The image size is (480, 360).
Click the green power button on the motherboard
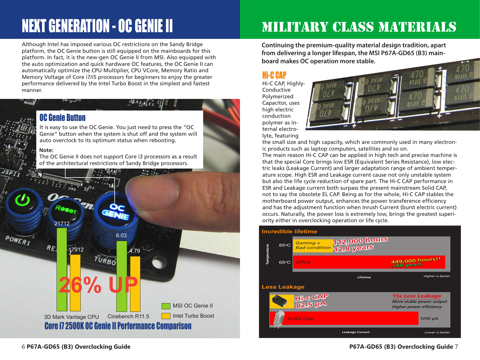pyautogui.click(x=23, y=200)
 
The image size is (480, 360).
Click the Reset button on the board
pyautogui.click(x=66, y=209)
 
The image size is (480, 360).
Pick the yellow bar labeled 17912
pyautogui.click(x=75, y=283)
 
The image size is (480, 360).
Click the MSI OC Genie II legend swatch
pyautogui.click(x=166, y=306)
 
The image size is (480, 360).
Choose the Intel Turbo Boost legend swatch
pyautogui.click(x=166, y=316)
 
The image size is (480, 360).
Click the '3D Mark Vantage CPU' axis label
pyautogui.click(x=71, y=317)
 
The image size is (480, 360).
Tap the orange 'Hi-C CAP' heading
pyautogui.click(x=274, y=75)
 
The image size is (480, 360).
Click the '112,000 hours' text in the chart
pyautogui.click(x=360, y=241)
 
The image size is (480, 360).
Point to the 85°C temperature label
pyautogui.click(x=284, y=245)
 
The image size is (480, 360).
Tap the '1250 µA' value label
pyautogui.click(x=429, y=319)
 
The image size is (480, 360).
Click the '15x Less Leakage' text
pyautogui.click(x=416, y=296)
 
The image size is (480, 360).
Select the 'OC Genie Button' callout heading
pyautogui.click(x=62, y=117)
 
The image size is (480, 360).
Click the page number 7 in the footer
pyautogui.click(x=456, y=347)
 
